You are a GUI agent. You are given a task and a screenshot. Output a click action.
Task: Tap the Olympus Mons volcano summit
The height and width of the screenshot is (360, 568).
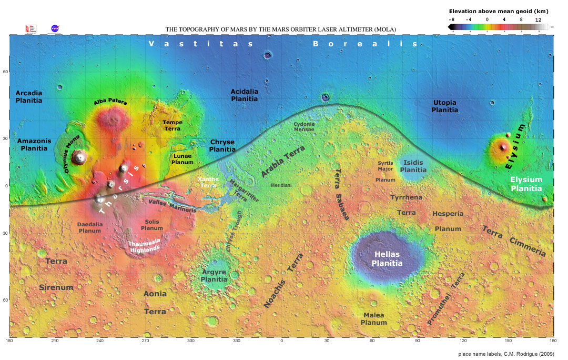pyautogui.click(x=80, y=156)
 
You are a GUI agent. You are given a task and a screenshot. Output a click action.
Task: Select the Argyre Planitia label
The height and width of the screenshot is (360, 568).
pyautogui.click(x=214, y=275)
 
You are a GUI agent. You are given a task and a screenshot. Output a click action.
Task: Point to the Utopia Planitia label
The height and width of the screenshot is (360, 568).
pyautogui.click(x=444, y=106)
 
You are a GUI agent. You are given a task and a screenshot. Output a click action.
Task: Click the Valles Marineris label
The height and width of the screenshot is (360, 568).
pyautogui.click(x=173, y=206)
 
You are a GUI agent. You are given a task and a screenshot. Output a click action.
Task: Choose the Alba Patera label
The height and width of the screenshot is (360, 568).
pyautogui.click(x=110, y=102)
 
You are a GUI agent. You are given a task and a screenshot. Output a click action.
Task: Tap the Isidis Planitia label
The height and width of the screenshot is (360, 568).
pyautogui.click(x=413, y=166)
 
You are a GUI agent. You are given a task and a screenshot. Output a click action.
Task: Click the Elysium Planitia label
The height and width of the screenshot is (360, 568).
pyautogui.click(x=526, y=184)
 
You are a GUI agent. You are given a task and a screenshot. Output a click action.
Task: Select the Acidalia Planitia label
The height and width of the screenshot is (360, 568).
pyautogui.click(x=245, y=95)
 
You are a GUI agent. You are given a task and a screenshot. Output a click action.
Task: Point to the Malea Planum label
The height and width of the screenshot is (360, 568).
pyautogui.click(x=374, y=318)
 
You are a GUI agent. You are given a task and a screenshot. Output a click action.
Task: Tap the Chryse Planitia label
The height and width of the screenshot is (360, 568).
pyautogui.click(x=222, y=146)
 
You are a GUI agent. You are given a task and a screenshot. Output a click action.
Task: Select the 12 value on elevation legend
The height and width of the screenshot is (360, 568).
pyautogui.click(x=538, y=19)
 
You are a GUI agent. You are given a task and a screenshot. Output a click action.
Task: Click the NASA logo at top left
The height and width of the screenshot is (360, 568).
pyautogui.click(x=55, y=28)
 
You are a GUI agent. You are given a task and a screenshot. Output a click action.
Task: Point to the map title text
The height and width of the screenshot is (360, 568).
pyautogui.click(x=281, y=29)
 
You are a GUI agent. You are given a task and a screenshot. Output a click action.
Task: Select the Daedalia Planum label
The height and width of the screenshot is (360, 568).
pyautogui.click(x=89, y=227)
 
